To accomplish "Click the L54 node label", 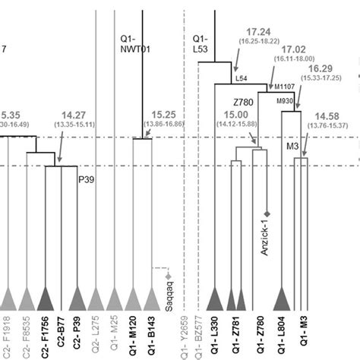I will tap(241, 79).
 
